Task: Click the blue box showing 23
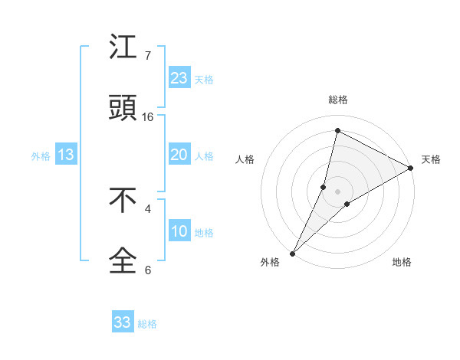click(x=179, y=78)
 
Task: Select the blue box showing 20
click(x=179, y=155)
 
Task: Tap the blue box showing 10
click(x=179, y=231)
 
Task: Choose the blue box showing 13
click(x=66, y=155)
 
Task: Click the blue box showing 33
click(x=123, y=322)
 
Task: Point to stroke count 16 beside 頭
click(x=149, y=117)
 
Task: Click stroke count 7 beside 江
click(x=148, y=56)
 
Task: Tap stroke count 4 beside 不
click(x=148, y=208)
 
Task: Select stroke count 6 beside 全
click(x=148, y=270)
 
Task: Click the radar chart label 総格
click(x=338, y=100)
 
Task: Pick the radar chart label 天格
click(x=431, y=159)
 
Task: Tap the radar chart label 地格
click(x=402, y=262)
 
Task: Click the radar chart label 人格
click(x=245, y=159)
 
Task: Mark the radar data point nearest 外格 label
click(x=292, y=253)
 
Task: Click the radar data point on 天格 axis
click(x=411, y=169)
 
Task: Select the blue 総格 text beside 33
click(x=147, y=324)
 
